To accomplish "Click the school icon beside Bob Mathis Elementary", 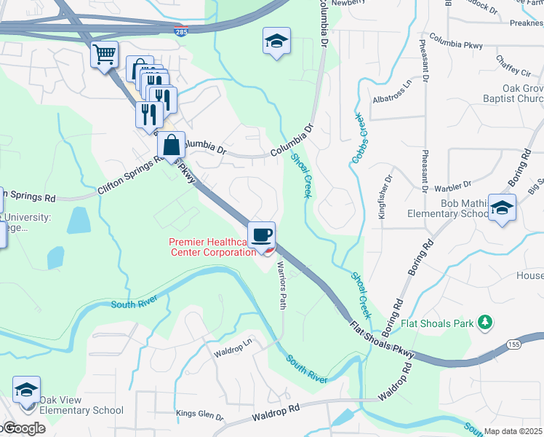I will click(x=502, y=208).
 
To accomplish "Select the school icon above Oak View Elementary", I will click(x=26, y=390).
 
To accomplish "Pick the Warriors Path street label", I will click(x=280, y=285).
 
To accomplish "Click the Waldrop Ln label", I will click(x=232, y=350).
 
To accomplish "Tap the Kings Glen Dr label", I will click(x=199, y=414).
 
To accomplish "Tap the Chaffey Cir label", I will click(x=513, y=66).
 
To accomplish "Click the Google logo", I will click(x=23, y=428).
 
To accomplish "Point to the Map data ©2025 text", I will click(x=513, y=431).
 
